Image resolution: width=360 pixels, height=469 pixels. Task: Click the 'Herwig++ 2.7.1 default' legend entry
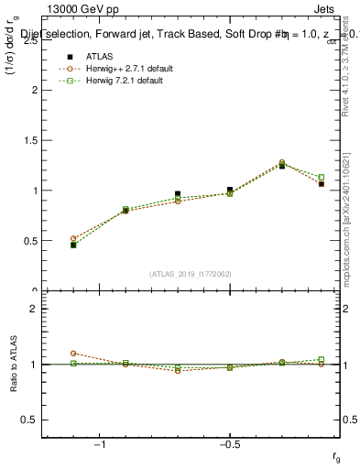pos(114,69)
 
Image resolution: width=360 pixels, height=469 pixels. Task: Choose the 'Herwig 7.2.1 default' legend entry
pos(110,81)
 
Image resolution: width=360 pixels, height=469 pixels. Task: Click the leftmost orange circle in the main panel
pos(73,238)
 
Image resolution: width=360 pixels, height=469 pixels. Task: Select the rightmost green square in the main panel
pos(321,178)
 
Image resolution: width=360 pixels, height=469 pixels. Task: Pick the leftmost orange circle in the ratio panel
pos(73,353)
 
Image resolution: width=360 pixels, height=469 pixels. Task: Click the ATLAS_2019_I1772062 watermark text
pos(191,273)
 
